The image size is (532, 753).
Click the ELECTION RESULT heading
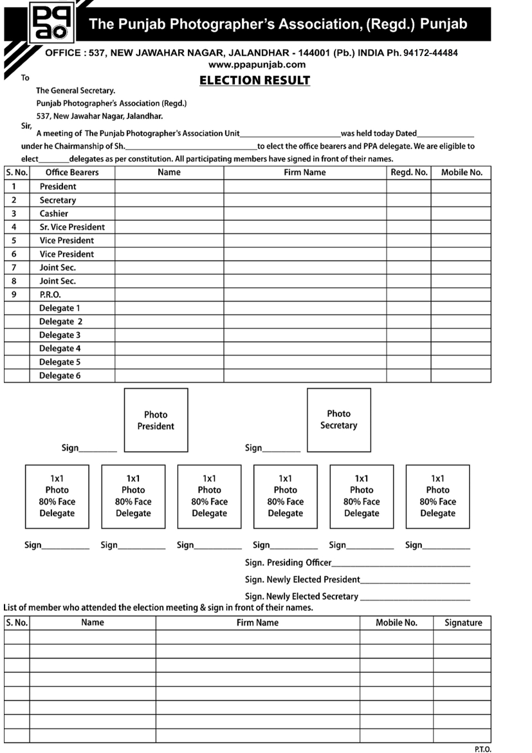(255, 80)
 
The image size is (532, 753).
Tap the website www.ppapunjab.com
(257, 64)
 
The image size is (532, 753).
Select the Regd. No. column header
(408, 172)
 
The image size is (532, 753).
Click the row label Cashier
(54, 214)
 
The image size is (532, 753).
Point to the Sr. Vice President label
(72, 227)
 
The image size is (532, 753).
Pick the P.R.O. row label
(50, 295)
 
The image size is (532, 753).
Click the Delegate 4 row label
(60, 349)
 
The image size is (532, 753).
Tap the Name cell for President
(169, 187)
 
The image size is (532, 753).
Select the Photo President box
(156, 420)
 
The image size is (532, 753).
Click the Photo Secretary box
(338, 420)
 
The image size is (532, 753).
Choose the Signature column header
(463, 623)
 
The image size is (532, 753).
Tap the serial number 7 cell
(14, 268)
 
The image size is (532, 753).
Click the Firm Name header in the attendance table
(257, 623)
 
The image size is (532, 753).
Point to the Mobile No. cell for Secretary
(461, 200)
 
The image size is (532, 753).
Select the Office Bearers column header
(72, 172)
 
